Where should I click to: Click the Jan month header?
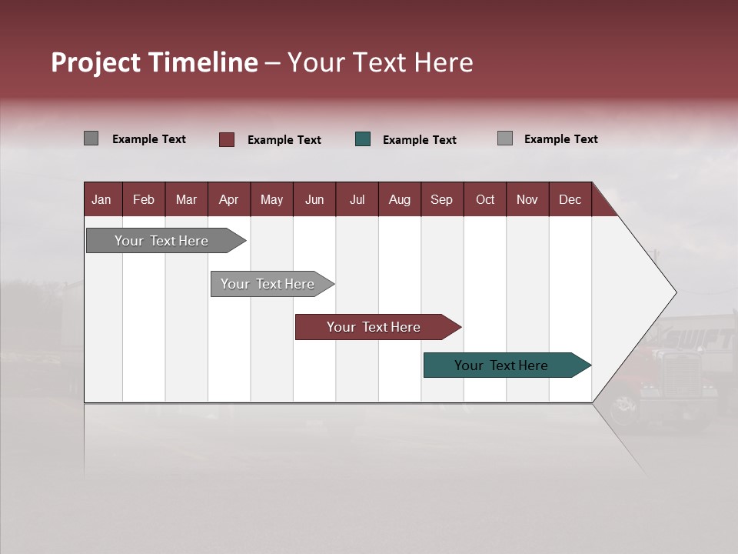(x=101, y=199)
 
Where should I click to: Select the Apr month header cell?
(x=228, y=199)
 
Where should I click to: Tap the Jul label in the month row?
(x=357, y=199)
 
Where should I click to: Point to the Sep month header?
(x=441, y=199)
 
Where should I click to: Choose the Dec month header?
(x=570, y=199)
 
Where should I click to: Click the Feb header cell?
(x=144, y=199)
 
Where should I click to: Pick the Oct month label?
(x=485, y=199)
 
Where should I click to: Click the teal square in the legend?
(x=363, y=139)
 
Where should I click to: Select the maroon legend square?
(x=227, y=139)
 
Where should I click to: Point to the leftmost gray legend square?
(x=91, y=138)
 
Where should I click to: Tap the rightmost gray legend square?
(x=504, y=138)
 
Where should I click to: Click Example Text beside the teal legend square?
(x=419, y=140)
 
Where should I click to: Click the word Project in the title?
(x=96, y=62)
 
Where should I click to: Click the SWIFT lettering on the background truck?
(x=700, y=339)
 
